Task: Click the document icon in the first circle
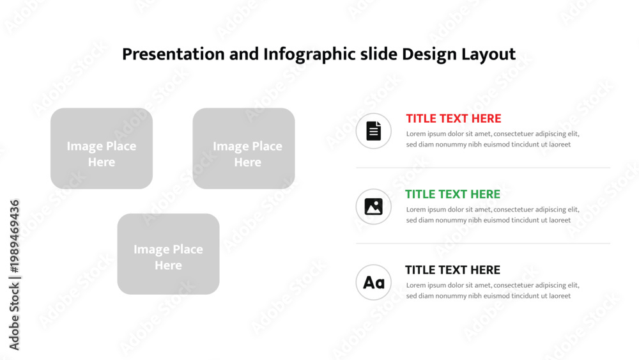point(373,131)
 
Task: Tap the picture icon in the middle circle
point(373,207)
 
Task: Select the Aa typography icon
point(374,283)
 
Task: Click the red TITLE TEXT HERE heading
point(454,119)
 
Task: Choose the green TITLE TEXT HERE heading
point(452,194)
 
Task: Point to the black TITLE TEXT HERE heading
point(452,270)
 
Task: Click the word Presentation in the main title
point(173,54)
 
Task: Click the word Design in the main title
point(429,54)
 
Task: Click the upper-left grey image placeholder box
point(102,148)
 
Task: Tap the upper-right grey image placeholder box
point(243,148)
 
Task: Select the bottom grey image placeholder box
point(168,254)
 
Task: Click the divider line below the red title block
point(483,168)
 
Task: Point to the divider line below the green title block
point(483,244)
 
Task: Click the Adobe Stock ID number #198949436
point(14,237)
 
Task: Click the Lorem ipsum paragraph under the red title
point(492,139)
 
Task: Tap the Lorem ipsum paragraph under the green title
point(492,215)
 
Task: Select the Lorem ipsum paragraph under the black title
point(492,291)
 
